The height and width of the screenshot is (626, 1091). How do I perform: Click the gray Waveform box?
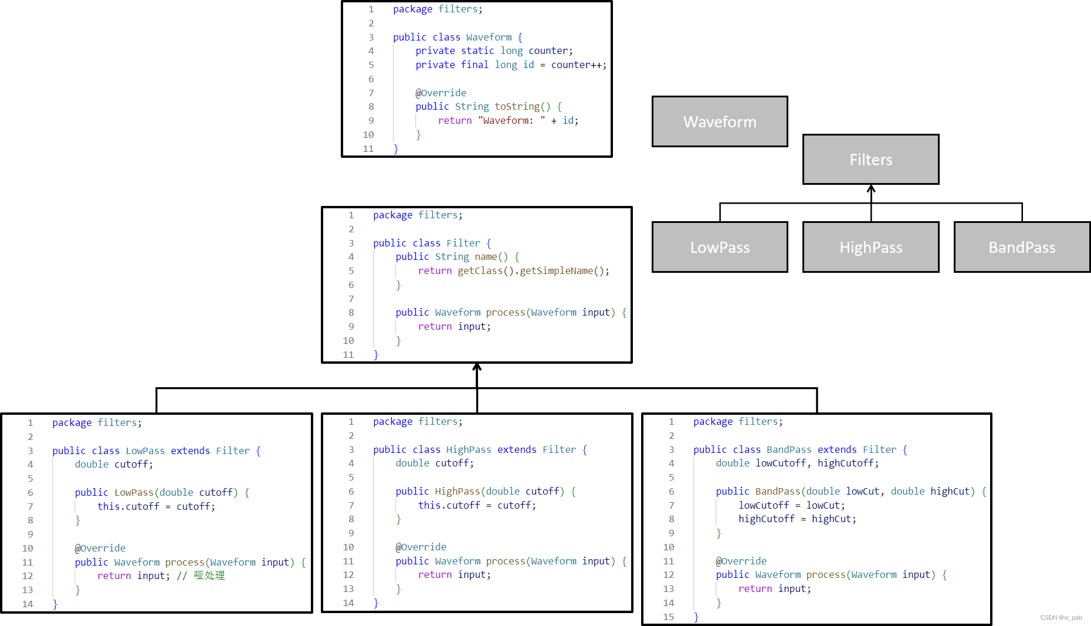click(x=720, y=121)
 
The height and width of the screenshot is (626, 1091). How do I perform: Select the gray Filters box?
click(x=870, y=160)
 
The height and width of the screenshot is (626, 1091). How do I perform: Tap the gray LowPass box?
click(x=720, y=247)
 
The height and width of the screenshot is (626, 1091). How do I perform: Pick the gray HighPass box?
click(x=870, y=247)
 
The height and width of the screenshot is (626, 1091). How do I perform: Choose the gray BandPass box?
click(x=1022, y=247)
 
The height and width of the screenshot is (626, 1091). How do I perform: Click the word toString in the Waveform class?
click(x=517, y=106)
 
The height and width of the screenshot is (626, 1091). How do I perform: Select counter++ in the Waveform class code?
click(x=577, y=65)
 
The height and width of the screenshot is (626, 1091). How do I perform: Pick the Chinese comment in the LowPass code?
click(x=209, y=576)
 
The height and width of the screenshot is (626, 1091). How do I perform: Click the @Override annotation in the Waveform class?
click(x=441, y=93)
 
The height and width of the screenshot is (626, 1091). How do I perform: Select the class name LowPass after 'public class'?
click(x=145, y=451)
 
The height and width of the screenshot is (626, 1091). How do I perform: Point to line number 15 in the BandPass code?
click(x=669, y=617)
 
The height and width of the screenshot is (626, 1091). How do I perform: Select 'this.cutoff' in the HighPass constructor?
click(x=449, y=505)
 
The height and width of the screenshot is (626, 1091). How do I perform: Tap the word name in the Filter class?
click(x=486, y=256)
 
